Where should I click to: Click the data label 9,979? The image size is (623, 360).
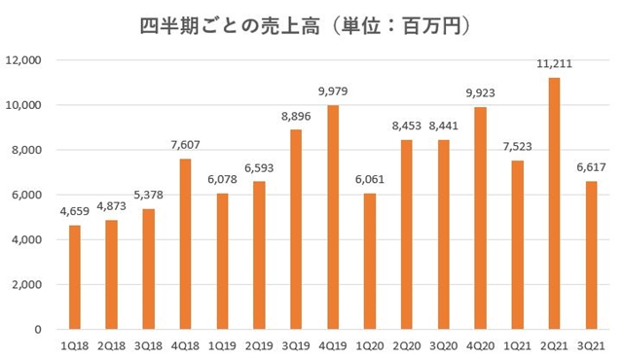[333, 92]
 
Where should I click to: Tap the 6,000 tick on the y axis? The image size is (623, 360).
[26, 195]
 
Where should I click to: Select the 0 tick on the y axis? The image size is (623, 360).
[39, 330]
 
